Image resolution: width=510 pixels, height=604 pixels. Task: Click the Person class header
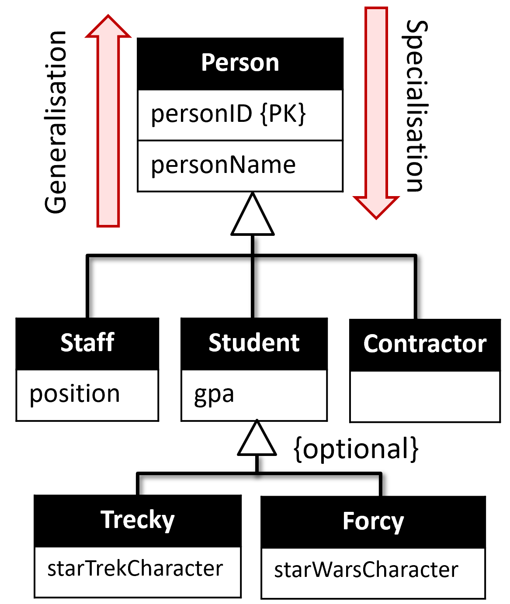pyautogui.click(x=240, y=63)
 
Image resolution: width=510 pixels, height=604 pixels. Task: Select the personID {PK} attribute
pyautogui.click(x=228, y=115)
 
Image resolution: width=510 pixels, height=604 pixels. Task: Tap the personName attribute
pyautogui.click(x=223, y=166)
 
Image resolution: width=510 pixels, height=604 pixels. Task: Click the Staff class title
pyautogui.click(x=87, y=343)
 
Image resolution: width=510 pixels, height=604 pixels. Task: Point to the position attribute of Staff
pyautogui.click(x=75, y=394)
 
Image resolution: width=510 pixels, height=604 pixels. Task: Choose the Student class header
pyautogui.click(x=254, y=343)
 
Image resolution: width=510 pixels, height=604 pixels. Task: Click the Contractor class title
pyautogui.click(x=425, y=344)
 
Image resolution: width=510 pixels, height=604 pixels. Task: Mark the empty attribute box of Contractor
pyautogui.click(x=425, y=397)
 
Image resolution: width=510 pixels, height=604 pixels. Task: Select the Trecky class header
pyautogui.click(x=138, y=520)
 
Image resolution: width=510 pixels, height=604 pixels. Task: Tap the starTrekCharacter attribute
pyautogui.click(x=135, y=569)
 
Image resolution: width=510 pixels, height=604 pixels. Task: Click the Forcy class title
pyautogui.click(x=373, y=521)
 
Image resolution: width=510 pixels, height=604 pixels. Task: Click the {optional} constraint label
pyautogui.click(x=356, y=449)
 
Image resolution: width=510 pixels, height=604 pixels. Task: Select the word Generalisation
pyautogui.click(x=56, y=122)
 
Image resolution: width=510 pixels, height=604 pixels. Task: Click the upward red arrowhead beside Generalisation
pyautogui.click(x=108, y=28)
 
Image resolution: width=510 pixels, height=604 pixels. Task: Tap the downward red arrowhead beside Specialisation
pyautogui.click(x=376, y=206)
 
